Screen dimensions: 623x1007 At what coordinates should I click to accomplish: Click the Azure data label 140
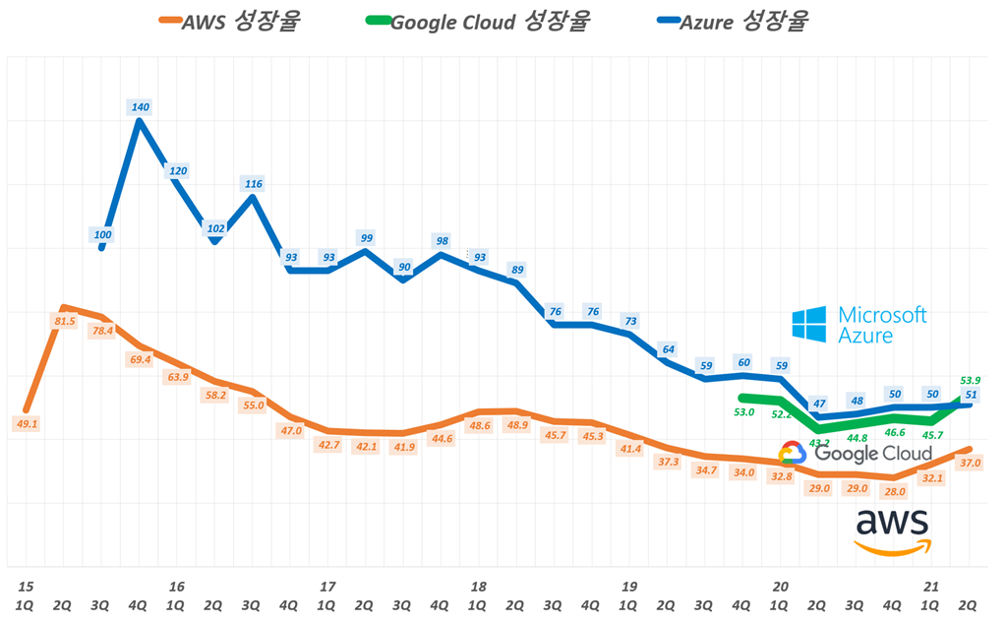coord(140,106)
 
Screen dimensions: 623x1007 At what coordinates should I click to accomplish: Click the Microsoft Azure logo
coord(859,325)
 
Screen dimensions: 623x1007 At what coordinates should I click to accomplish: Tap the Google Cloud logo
coord(855,454)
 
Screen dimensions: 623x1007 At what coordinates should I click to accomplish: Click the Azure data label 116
coord(253,183)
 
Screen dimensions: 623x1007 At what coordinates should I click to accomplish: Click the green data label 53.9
coord(970,380)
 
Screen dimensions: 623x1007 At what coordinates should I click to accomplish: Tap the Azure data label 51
coord(971,395)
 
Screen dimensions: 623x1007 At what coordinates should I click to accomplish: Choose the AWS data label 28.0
coord(894,491)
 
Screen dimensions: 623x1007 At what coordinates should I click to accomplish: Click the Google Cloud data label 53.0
coord(743,412)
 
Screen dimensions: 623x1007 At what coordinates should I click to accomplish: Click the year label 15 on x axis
coord(24,587)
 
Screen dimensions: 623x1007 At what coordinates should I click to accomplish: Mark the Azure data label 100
coord(102,234)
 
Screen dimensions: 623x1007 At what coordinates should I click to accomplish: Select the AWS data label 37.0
coord(970,462)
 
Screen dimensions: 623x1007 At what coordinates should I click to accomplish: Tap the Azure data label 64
coord(668,349)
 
